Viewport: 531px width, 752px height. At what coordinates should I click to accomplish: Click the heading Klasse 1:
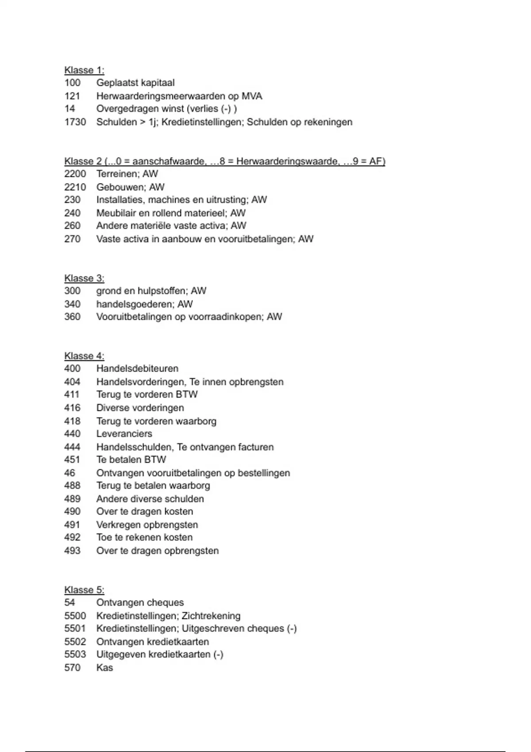click(x=84, y=70)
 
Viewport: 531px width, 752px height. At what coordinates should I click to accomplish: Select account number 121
click(x=72, y=96)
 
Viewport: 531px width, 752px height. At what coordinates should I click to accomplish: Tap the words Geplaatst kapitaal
click(x=135, y=83)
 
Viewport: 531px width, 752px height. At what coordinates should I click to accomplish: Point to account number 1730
click(x=75, y=122)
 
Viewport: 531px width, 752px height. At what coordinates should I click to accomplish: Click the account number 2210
click(x=75, y=187)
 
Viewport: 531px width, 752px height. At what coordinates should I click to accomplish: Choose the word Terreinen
click(x=116, y=174)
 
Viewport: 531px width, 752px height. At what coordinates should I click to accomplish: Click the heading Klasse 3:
click(x=84, y=278)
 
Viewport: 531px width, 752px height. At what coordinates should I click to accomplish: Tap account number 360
click(x=72, y=317)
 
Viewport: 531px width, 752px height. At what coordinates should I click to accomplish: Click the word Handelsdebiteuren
click(x=137, y=368)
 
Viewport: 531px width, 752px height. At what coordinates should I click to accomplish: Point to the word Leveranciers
click(x=124, y=434)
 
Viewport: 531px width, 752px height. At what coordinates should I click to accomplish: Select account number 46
click(x=69, y=473)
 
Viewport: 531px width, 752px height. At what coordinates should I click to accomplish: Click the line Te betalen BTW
click(x=131, y=460)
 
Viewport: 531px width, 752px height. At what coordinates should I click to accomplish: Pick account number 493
click(x=72, y=551)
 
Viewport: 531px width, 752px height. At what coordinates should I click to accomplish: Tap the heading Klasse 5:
click(x=84, y=590)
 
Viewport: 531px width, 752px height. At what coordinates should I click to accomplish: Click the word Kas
click(x=104, y=668)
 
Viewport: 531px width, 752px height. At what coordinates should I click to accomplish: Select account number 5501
click(x=75, y=629)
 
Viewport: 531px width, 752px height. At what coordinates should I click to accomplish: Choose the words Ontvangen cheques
click(x=140, y=602)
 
